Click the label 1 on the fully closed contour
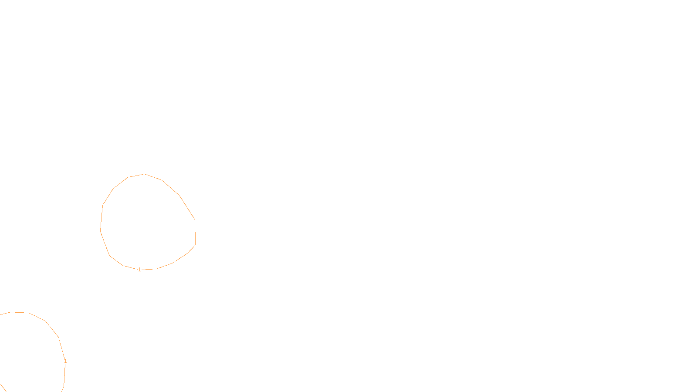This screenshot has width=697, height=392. click(139, 270)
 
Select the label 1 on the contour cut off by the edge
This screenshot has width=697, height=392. click(65, 361)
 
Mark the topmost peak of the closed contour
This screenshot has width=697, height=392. click(144, 174)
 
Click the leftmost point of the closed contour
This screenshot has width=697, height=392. click(101, 230)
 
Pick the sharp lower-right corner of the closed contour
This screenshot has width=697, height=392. click(195, 245)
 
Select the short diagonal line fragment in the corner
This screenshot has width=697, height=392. click(3, 388)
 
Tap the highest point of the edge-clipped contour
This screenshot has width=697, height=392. click(12, 312)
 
